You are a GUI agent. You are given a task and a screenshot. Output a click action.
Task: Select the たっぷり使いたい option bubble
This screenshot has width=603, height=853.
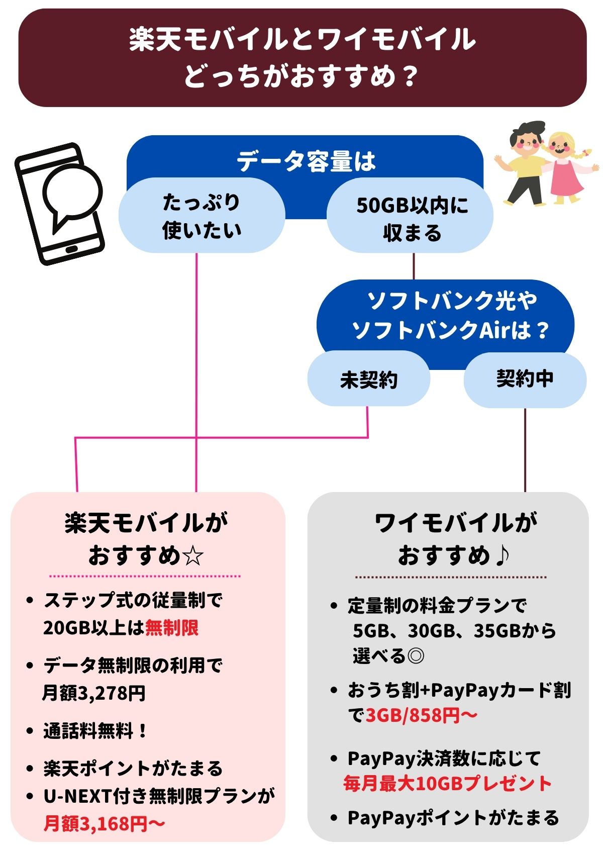click(202, 216)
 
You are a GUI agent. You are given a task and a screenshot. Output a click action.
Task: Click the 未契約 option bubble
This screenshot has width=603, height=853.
click(368, 380)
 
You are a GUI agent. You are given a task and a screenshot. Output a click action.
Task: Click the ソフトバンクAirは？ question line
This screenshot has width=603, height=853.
click(450, 330)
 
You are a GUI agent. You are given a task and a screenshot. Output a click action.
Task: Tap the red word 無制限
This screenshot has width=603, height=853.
click(172, 628)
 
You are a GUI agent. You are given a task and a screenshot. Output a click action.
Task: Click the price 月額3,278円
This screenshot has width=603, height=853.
click(94, 693)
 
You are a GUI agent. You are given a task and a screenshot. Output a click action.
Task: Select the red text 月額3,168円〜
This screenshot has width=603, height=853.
click(104, 823)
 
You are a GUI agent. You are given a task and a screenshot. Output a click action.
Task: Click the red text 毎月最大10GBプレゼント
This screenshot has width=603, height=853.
click(447, 783)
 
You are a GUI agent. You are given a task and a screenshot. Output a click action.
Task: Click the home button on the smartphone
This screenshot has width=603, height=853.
click(72, 250)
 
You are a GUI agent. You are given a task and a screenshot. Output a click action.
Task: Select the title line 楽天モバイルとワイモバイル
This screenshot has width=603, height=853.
click(302, 39)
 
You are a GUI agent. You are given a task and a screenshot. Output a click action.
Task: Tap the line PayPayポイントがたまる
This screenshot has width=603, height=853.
click(453, 818)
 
